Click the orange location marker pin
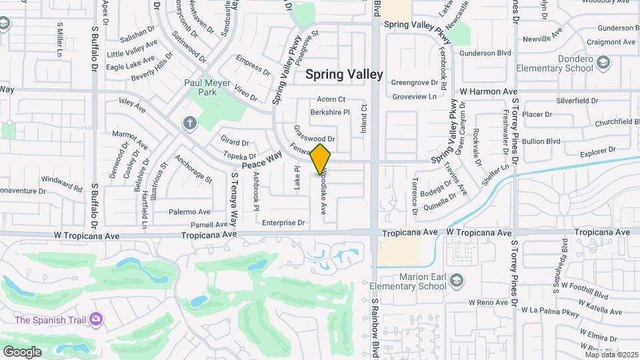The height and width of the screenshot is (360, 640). tap(321, 159)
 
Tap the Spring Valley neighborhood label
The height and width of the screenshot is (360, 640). tap(344, 74)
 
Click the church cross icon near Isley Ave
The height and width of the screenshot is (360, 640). tap(190, 123)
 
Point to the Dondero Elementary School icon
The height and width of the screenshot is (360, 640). tap(603, 63)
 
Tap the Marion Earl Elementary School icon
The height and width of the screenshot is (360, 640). tap(456, 279)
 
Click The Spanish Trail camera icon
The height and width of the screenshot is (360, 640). tap(97, 319)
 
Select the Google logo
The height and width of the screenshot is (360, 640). tap(22, 351)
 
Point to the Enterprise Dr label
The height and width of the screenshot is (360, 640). tap(283, 223)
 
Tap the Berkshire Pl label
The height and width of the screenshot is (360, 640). tap(330, 113)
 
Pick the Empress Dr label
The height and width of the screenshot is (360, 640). tap(253, 67)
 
